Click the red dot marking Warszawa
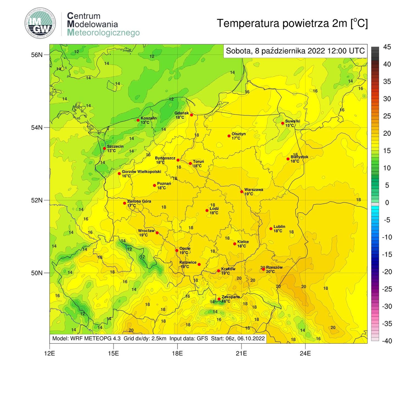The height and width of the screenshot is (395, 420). coord(242,191)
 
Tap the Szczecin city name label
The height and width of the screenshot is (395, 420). coord(115,146)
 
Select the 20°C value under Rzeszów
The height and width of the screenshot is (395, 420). coord(270,272)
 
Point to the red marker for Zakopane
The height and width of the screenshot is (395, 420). coord(219,299)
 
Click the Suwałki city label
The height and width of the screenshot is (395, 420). coord(292,121)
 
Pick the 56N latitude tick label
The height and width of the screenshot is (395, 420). coord(37,55)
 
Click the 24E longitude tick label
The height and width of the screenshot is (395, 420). coord(305,353)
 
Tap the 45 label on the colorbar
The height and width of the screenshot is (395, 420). coord(387,47)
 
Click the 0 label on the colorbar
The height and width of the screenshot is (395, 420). coord(387,202)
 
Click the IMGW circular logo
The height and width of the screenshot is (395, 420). coord(41,23)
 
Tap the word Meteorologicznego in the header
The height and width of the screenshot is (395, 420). coord(103,33)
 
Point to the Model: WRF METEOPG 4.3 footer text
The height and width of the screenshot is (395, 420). coord(86,338)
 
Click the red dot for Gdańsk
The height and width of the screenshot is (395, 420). coord(191,115)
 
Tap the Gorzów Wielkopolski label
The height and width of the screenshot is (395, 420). coord(141,172)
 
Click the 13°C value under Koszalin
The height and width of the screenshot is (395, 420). coord(145,122)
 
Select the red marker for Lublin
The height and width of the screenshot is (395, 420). coord(271,228)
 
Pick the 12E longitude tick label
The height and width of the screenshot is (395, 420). coord(49,353)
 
